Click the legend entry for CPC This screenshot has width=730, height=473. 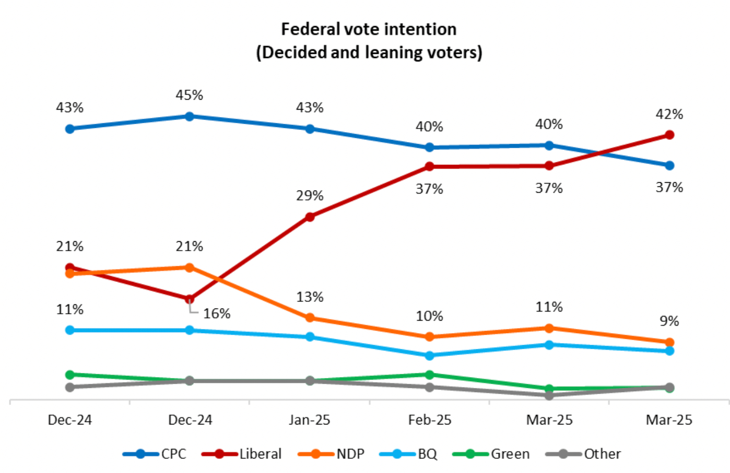click(173, 454)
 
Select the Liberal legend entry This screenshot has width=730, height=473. click(260, 454)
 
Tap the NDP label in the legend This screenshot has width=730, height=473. click(350, 454)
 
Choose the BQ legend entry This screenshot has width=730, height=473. click(427, 454)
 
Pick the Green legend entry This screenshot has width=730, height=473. click(510, 454)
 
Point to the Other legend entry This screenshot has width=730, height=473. click(602, 454)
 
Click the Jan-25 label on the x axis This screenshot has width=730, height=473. click(310, 420)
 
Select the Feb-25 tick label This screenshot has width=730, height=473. click(430, 420)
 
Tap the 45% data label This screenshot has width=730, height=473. click(189, 95)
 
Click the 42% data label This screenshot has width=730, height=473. click(669, 114)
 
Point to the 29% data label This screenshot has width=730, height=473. click(310, 196)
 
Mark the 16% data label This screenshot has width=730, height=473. click(217, 313)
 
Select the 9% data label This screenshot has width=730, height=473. click(669, 321)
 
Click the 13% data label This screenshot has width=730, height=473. click(310, 297)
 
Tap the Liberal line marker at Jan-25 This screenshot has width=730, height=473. click(310, 217)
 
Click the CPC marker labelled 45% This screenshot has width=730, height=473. click(190, 116)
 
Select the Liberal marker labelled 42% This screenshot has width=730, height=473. click(669, 135)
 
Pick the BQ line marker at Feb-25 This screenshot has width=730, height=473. click(429, 356)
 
